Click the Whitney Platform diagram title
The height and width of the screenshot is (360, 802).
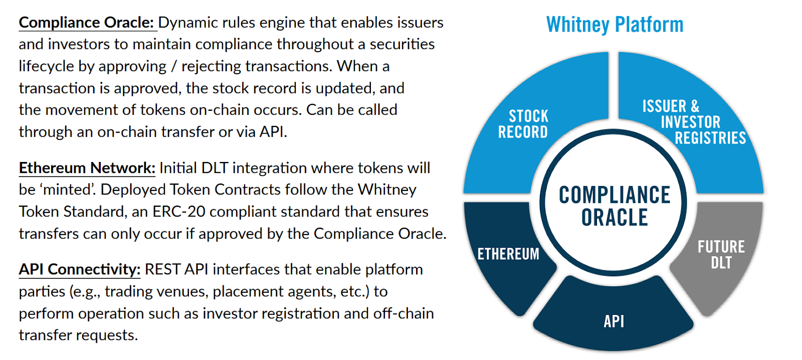pyautogui.click(x=615, y=25)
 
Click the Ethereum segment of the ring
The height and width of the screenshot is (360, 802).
pyautogui.click(x=507, y=254)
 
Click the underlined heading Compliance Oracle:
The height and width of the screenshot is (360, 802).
pyautogui.click(x=86, y=23)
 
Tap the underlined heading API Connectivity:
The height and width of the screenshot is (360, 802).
pyautogui.click(x=80, y=270)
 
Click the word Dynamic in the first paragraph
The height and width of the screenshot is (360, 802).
pyautogui.click(x=188, y=23)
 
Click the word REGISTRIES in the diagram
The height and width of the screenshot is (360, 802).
pyautogui.click(x=710, y=138)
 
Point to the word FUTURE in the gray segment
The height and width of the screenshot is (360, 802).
pyautogui.click(x=721, y=247)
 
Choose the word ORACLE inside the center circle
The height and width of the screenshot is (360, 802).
pyautogui.click(x=615, y=218)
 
